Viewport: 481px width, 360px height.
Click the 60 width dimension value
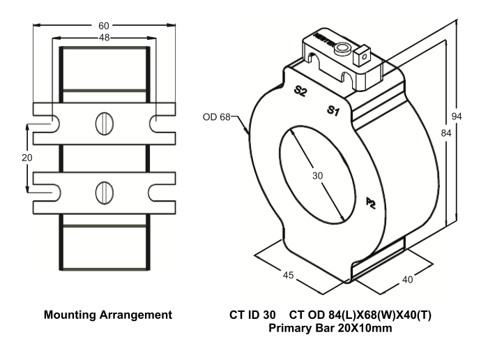coord(103,26)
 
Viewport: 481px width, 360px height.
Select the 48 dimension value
coord(103,39)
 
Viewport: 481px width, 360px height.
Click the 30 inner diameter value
coord(318,177)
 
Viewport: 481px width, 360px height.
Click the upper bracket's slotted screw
coord(103,124)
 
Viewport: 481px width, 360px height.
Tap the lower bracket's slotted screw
coord(103,189)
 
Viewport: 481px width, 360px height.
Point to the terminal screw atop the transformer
coord(342,50)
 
